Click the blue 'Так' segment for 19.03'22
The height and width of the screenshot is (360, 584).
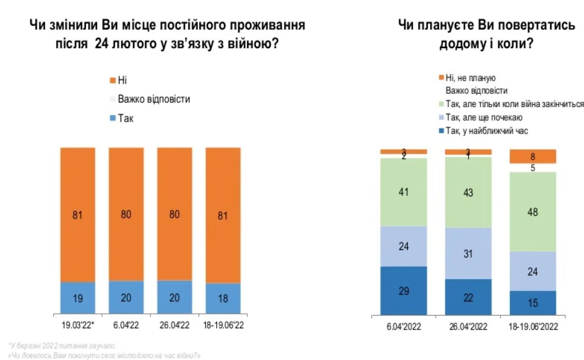(77, 298)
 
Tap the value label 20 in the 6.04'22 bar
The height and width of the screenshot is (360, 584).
(126, 298)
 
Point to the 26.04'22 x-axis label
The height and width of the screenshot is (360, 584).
(174, 325)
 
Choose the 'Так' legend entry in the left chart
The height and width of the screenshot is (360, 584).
(122, 118)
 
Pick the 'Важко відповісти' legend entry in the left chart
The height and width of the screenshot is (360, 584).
(150, 99)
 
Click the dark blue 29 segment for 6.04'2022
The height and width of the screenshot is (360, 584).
(404, 291)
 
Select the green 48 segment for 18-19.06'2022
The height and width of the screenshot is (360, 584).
(532, 212)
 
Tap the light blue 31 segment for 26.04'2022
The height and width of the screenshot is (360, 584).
(468, 254)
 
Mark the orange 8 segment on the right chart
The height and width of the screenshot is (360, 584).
(532, 156)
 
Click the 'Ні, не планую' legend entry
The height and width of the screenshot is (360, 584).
(467, 77)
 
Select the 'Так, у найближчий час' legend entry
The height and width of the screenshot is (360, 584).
(483, 131)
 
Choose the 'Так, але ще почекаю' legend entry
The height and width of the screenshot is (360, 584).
(481, 117)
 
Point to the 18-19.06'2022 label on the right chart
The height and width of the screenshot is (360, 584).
(533, 327)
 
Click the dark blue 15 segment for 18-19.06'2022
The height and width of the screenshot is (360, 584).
(532, 303)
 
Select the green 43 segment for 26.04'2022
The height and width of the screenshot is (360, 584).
(468, 192)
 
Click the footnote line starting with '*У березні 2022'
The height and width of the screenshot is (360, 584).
(62, 346)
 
